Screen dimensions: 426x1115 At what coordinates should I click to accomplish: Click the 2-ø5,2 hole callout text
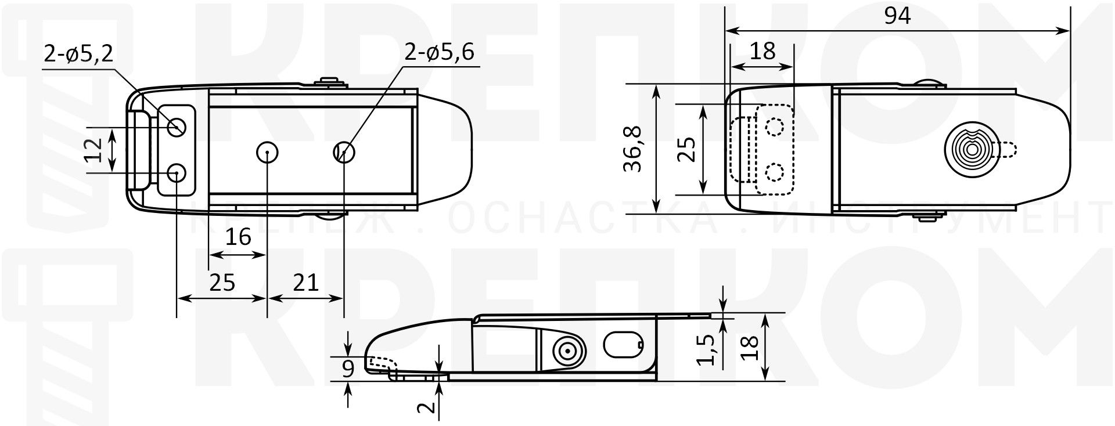[x=79, y=53]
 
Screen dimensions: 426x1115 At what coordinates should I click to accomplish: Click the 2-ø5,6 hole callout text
[x=440, y=52]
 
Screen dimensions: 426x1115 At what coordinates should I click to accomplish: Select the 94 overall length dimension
[x=897, y=16]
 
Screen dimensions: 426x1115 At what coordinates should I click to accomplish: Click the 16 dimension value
[x=238, y=237]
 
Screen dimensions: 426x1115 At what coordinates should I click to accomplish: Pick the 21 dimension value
[x=305, y=282]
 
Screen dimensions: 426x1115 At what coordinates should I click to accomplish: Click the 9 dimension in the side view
[x=348, y=369]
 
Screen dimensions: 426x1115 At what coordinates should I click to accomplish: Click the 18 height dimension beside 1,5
[x=751, y=347]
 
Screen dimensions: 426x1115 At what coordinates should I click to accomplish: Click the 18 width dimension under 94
[x=762, y=52]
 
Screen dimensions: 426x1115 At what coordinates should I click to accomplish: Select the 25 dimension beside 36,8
[x=688, y=149]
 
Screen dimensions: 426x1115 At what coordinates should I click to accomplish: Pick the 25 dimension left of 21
[x=222, y=282]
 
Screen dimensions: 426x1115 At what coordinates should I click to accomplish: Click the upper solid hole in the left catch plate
[x=177, y=127]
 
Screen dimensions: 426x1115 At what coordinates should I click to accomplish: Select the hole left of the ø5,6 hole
[x=267, y=153]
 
